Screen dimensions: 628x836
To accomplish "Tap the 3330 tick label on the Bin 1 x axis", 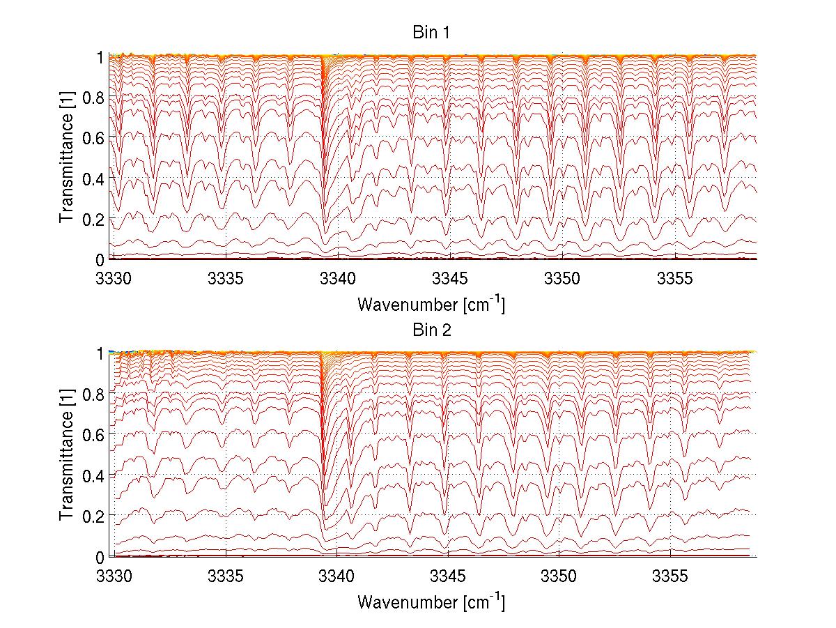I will pos(113,279).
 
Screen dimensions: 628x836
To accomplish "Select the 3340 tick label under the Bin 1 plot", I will pos(338,279).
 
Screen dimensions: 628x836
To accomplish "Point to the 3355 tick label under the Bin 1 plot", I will pos(675,279).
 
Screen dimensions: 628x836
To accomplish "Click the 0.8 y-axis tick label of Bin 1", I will pos(95,98).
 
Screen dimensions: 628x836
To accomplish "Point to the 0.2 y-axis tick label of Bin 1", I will pos(95,219).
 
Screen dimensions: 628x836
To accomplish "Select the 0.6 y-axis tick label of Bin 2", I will pos(95,434).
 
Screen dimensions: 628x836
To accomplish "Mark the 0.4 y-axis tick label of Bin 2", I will pos(95,475).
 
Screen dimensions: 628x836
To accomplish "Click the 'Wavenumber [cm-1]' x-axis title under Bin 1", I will pos(431,304).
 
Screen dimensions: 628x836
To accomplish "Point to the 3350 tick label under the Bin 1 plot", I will pos(562,279).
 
